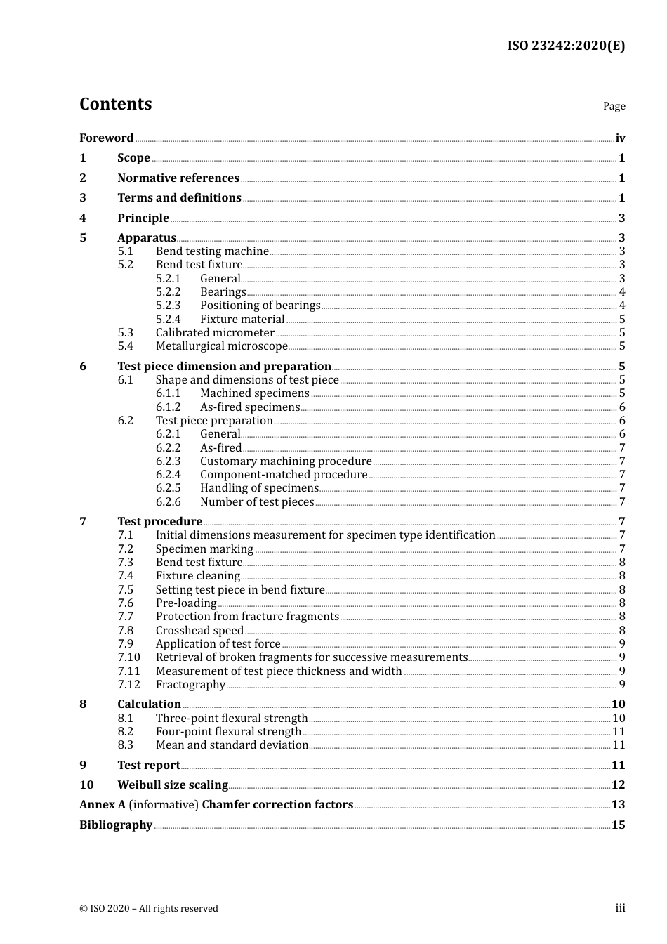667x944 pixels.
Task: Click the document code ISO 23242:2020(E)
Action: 566,46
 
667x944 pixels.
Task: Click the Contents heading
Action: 115,104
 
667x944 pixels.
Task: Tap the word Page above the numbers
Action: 614,106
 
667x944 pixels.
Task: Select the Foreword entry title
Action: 106,138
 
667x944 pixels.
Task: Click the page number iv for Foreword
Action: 620,138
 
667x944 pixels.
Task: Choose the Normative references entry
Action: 178,178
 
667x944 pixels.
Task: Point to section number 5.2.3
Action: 168,305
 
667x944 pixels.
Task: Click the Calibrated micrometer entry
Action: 215,332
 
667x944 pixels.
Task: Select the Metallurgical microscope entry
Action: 221,346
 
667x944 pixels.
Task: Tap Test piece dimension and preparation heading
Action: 224,366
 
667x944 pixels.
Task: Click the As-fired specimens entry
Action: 250,407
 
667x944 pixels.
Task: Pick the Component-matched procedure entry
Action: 284,474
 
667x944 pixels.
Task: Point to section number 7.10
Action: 128,657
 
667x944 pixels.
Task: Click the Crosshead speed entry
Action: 199,630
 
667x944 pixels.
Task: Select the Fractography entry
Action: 190,684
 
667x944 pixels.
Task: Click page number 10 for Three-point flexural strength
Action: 619,718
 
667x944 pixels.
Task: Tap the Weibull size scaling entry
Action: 173,785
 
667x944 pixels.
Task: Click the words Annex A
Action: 103,804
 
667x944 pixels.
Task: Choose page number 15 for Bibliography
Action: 618,825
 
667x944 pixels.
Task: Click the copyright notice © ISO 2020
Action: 149,908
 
